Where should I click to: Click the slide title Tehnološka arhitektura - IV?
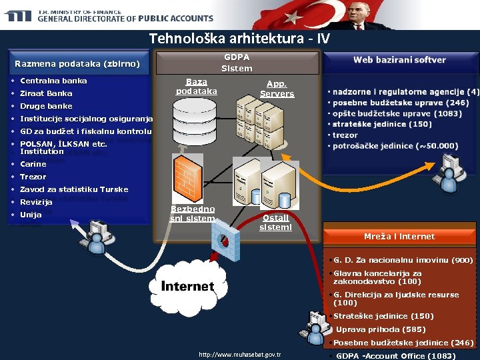(x=239, y=39)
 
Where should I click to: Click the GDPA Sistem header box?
(x=237, y=63)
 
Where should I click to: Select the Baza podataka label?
(x=196, y=87)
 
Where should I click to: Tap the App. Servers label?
(x=277, y=89)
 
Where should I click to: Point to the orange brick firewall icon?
(x=187, y=175)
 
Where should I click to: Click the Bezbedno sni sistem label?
(x=193, y=214)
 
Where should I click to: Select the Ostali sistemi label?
(x=275, y=223)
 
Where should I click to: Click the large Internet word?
(x=187, y=287)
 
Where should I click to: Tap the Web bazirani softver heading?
(x=399, y=60)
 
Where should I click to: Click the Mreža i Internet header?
(x=399, y=237)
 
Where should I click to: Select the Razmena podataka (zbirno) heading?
(x=77, y=65)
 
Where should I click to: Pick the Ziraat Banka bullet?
(x=46, y=93)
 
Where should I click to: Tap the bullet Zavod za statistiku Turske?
(x=74, y=189)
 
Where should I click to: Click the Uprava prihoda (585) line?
(x=381, y=329)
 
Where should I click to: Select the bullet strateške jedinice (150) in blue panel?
(x=382, y=124)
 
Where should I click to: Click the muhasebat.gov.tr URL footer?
(x=240, y=354)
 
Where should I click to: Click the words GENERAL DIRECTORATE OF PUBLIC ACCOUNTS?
(x=125, y=19)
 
